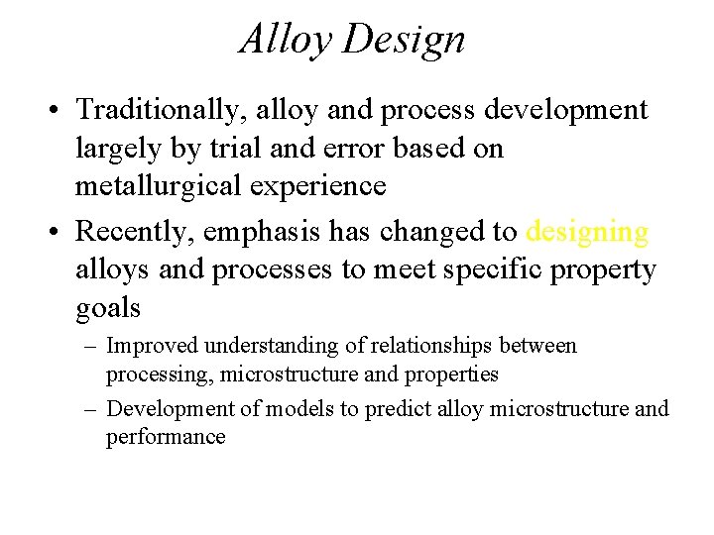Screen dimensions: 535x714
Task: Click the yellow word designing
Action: (x=587, y=232)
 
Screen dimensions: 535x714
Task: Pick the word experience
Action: (x=328, y=186)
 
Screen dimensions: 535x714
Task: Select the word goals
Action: (x=108, y=309)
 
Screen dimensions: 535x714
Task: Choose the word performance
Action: (x=166, y=437)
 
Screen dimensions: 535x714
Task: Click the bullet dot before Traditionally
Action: (x=60, y=110)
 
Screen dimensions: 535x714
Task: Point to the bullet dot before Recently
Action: (x=60, y=233)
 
